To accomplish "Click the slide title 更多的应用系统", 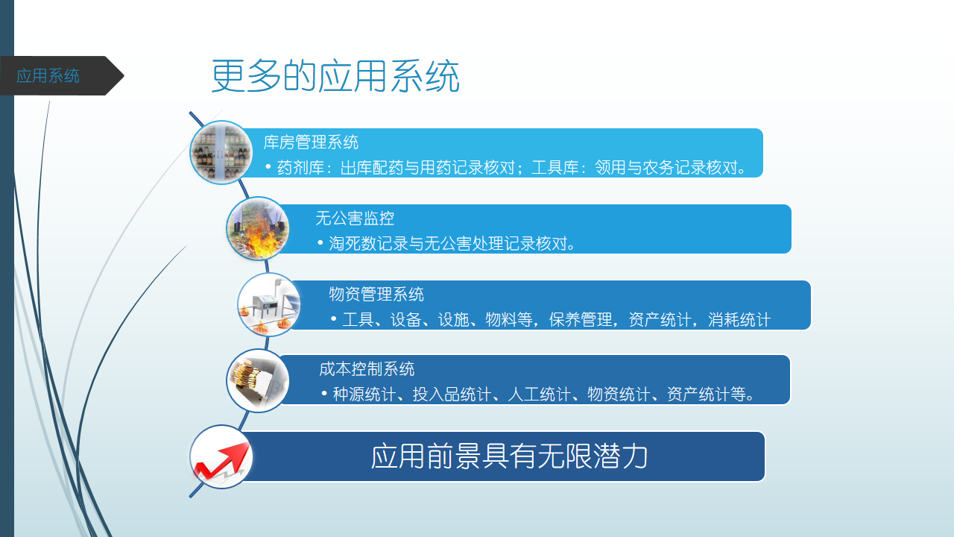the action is pos(335,76).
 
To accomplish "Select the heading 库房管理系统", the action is pos(311,142).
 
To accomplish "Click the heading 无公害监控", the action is pos(355,219).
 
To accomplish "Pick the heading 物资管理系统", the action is pos(376,294).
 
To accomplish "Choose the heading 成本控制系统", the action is pos(367,369).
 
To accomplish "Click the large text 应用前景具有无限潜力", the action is pos(509,456).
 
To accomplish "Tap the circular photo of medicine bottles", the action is pos(221,153).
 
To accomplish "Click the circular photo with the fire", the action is pos(258,228).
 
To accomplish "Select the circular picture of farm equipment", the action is pos(269,304).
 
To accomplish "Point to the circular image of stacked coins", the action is pos(258,380).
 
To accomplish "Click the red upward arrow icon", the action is pos(221,462).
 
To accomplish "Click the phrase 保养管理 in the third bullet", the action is pos(581,320).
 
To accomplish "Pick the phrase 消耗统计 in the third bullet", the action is pos(739,320).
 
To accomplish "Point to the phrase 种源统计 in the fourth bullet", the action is pos(364,395).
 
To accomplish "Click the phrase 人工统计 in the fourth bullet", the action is pos(539,395).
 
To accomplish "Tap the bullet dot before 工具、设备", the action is pos(333,318).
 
